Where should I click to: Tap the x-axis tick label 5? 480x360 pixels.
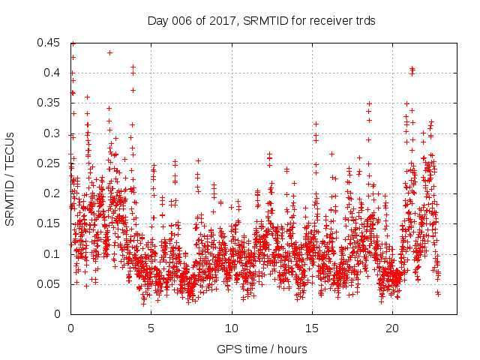click(x=151, y=328)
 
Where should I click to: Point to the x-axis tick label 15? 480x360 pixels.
click(x=311, y=328)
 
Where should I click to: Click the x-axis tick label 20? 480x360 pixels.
click(x=392, y=328)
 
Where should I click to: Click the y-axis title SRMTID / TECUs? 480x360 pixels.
click(x=10, y=178)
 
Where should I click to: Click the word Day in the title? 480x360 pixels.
click(x=158, y=20)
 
